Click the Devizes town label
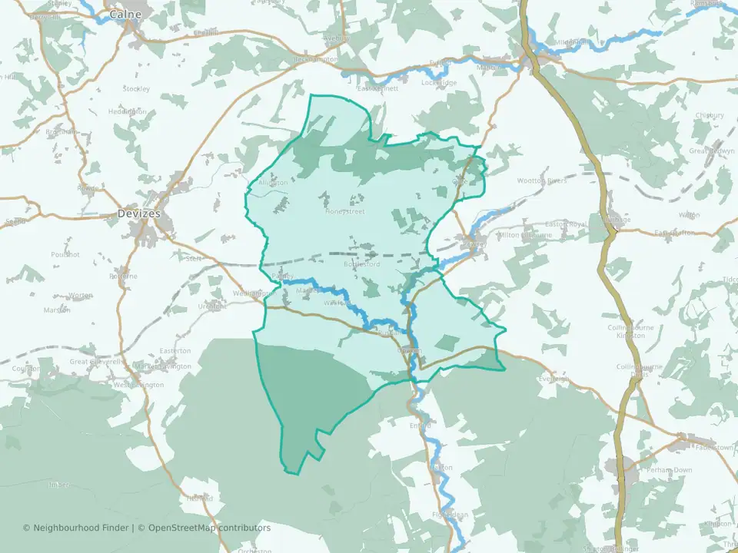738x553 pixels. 138,214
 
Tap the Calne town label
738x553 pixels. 122,14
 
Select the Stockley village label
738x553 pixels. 135,89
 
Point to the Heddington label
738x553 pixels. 127,111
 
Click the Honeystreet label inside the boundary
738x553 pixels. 344,211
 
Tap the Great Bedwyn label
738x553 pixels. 708,151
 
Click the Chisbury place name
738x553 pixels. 710,115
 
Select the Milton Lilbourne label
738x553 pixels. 525,235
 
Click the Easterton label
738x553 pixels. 175,351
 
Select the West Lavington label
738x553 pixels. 138,384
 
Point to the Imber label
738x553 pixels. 58,485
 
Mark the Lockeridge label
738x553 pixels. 439,82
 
